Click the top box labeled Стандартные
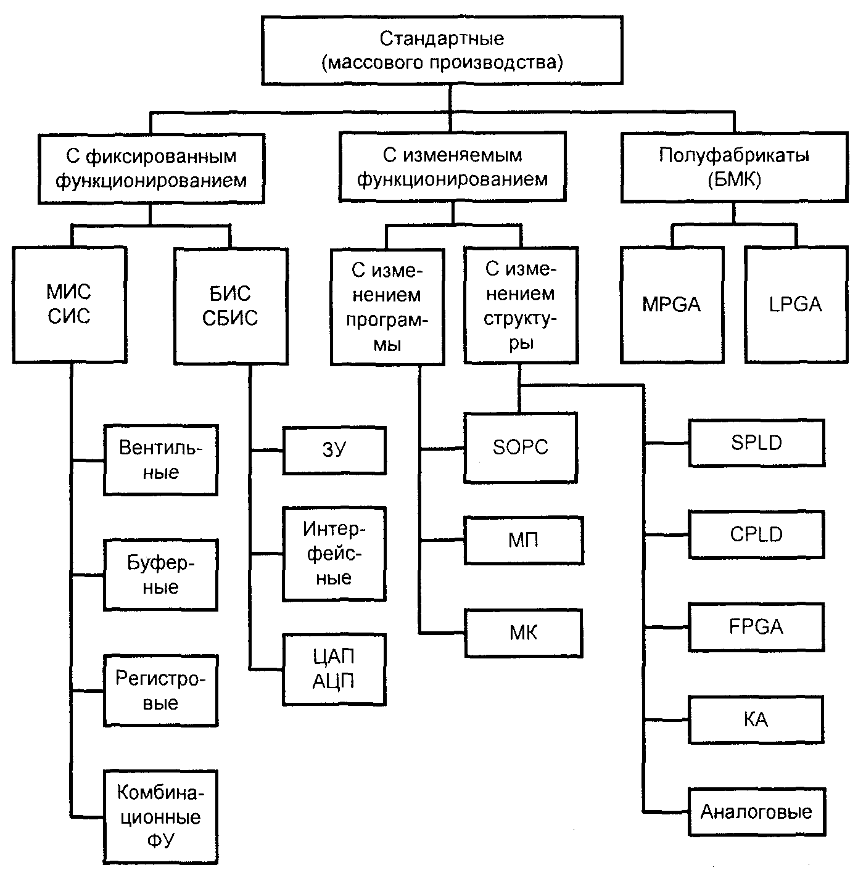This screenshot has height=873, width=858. [442, 51]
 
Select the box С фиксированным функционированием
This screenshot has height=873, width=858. [151, 168]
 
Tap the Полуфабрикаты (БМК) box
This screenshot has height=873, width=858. [734, 167]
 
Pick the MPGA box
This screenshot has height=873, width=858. [672, 305]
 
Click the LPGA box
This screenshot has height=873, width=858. [796, 305]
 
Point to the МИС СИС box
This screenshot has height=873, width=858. [69, 305]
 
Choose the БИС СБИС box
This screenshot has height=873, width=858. [231, 306]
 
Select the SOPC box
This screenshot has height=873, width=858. [521, 448]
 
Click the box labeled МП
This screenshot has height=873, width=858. [524, 540]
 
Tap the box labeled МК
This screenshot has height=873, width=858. [524, 633]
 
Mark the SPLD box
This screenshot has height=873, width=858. [756, 443]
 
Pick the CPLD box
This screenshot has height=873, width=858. [756, 535]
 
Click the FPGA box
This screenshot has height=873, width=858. [756, 627]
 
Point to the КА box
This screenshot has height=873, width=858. [756, 719]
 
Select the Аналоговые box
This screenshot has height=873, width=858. [756, 812]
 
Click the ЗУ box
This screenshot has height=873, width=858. [334, 450]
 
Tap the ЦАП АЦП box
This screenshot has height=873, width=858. [334, 669]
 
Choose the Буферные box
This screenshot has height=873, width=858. [161, 575]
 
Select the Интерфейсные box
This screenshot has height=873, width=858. [334, 554]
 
